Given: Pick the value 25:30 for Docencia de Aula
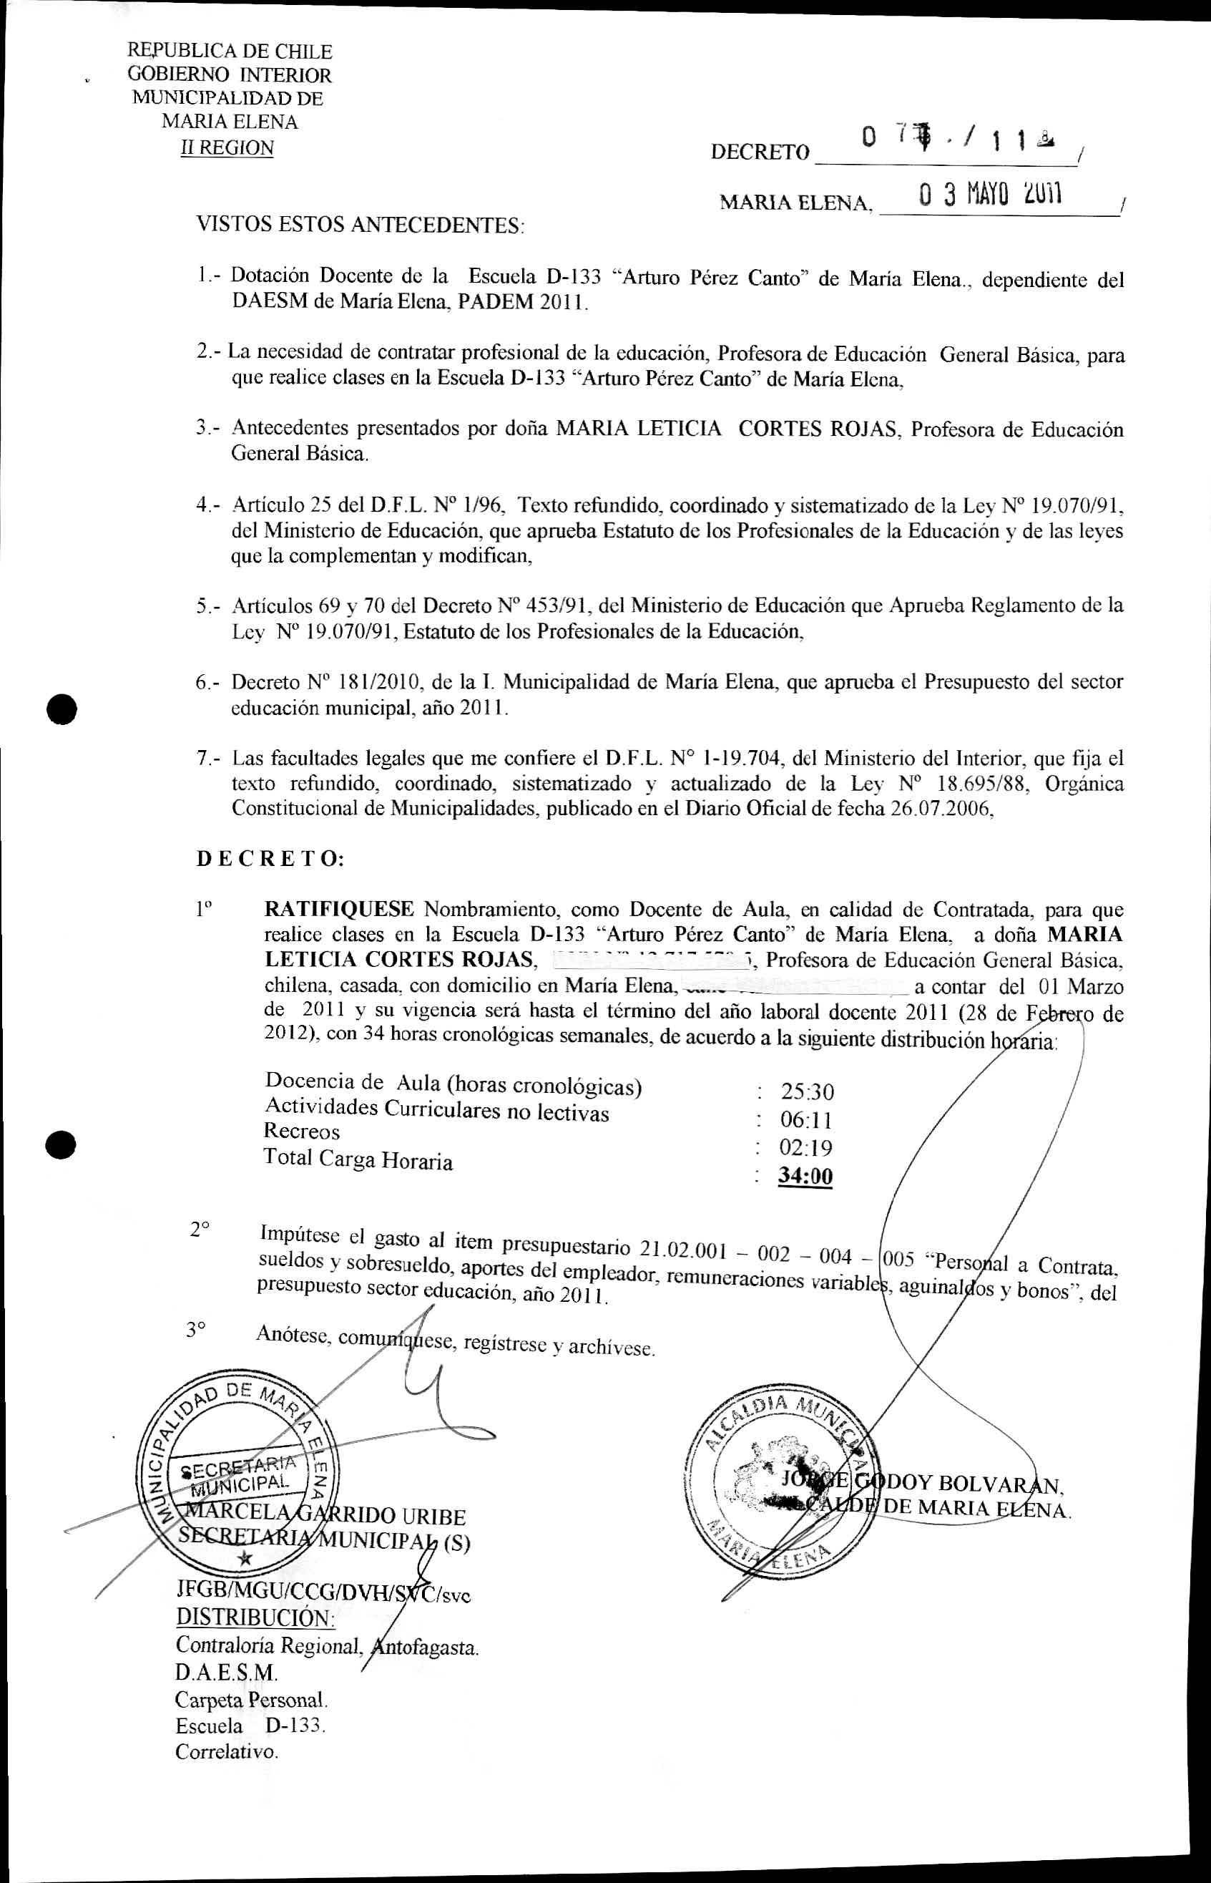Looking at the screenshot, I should [x=807, y=1091].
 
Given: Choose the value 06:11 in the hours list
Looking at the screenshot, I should [x=806, y=1119].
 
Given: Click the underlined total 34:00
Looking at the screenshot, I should [x=805, y=1176].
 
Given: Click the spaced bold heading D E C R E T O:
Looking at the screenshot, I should [x=270, y=859].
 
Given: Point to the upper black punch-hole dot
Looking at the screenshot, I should [x=61, y=709].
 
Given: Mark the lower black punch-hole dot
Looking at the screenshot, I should [x=61, y=1144].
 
